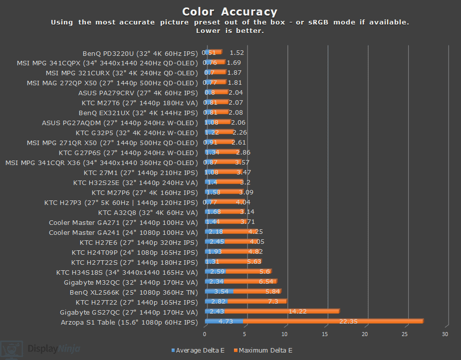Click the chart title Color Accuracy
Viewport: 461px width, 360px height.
[x=230, y=11]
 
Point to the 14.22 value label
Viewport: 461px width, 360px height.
[x=298, y=312]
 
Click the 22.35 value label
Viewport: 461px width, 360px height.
[x=348, y=322]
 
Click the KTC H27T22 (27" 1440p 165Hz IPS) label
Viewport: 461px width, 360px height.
[x=137, y=302]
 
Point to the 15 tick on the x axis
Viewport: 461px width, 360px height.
[x=325, y=335]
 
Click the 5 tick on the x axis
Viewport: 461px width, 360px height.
[x=245, y=335]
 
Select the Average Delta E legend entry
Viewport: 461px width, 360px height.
[x=198, y=350]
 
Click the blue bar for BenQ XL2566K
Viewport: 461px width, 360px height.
[x=219, y=292]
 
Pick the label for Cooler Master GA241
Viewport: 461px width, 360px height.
[x=123, y=232]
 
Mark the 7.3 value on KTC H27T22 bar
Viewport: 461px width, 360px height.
[x=273, y=302]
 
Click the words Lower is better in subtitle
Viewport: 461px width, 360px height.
[x=230, y=31]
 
